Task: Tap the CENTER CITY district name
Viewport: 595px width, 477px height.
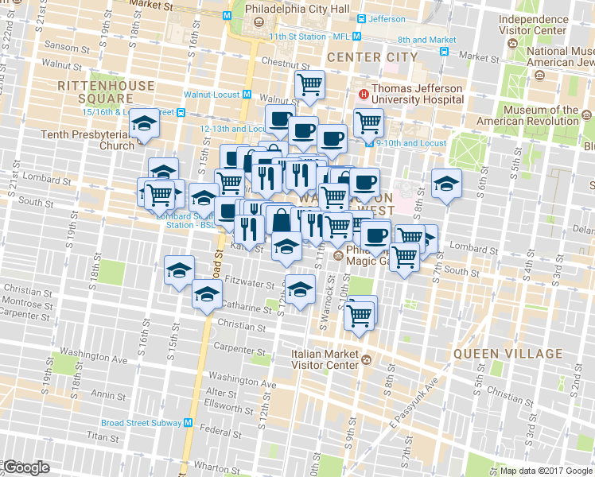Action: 371,57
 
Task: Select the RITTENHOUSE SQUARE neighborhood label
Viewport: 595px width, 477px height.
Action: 94,91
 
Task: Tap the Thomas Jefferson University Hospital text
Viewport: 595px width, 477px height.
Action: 418,95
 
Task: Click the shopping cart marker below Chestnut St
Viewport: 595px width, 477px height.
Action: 309,83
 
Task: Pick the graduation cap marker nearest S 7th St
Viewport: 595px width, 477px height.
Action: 446,183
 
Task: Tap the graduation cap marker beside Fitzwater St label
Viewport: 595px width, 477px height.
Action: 180,270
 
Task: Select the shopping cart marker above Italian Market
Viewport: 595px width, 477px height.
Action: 360,313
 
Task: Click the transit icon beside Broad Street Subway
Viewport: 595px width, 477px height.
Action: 189,423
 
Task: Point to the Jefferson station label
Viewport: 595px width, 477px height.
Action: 387,18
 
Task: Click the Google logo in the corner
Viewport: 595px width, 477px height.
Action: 26,468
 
